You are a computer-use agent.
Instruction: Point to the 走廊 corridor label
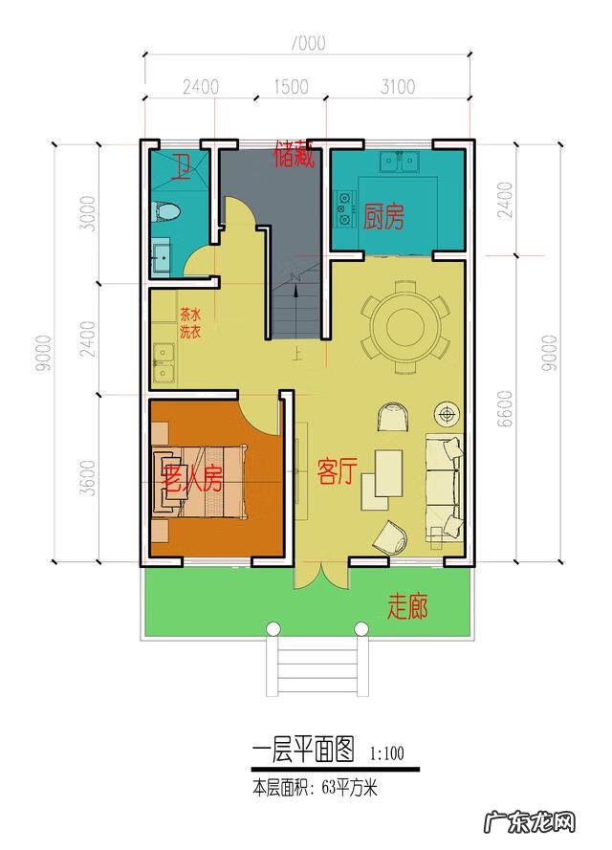406,606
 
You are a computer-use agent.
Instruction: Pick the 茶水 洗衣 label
189,323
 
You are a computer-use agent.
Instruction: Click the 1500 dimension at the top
291,87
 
